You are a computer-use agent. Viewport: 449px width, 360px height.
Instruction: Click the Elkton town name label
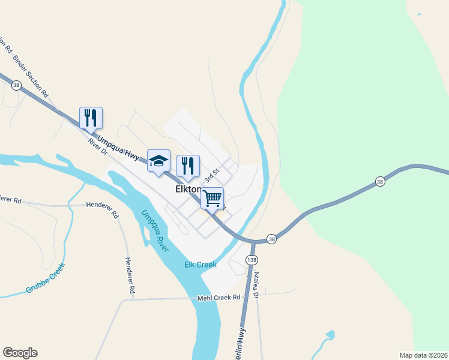(x=187, y=189)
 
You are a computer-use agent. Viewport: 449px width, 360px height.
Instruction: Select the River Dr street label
(x=97, y=147)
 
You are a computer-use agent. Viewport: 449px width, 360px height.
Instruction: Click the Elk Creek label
(x=199, y=265)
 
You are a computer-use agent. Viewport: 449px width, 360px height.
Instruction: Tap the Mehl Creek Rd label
(x=219, y=297)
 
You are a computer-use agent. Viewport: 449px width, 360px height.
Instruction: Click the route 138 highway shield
(x=251, y=259)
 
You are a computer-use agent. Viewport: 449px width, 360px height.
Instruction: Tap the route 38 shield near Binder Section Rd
(x=16, y=86)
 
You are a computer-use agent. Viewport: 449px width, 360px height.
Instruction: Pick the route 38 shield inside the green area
(x=379, y=181)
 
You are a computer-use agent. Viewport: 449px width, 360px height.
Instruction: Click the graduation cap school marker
(x=158, y=161)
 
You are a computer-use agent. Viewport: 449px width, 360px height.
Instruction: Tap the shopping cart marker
(x=212, y=199)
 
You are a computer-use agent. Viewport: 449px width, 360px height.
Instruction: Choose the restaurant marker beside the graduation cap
(x=188, y=166)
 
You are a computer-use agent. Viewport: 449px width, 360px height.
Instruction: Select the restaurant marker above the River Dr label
(x=91, y=118)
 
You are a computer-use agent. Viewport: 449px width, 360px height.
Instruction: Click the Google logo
(x=20, y=353)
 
